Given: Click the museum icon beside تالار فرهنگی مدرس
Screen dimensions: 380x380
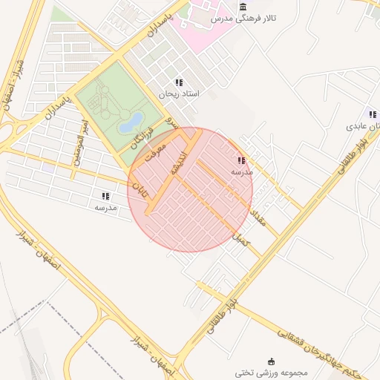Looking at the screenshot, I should (x=243, y=7).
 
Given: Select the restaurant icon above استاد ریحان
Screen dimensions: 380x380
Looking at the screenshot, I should (x=178, y=83).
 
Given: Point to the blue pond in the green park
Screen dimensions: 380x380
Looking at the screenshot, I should (x=132, y=119).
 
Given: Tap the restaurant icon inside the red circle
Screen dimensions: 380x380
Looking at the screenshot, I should (x=241, y=160).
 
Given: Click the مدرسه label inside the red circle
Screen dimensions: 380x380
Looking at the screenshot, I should (x=242, y=171).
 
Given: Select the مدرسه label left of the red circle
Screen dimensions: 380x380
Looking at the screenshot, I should (x=105, y=208).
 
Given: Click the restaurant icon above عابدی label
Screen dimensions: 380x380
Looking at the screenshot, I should (x=373, y=115).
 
